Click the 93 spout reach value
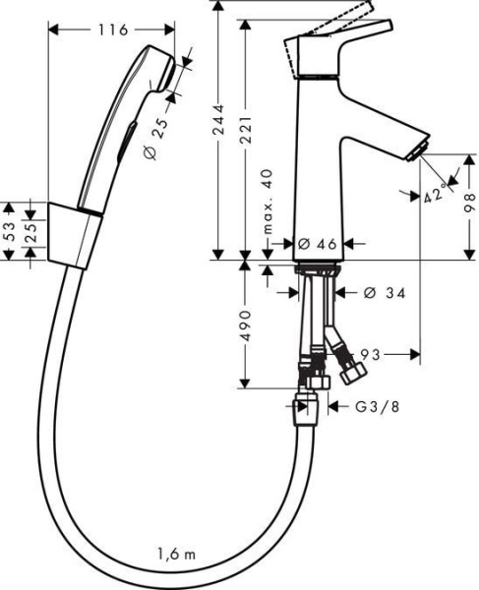click(371, 353)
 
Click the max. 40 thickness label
click(269, 202)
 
